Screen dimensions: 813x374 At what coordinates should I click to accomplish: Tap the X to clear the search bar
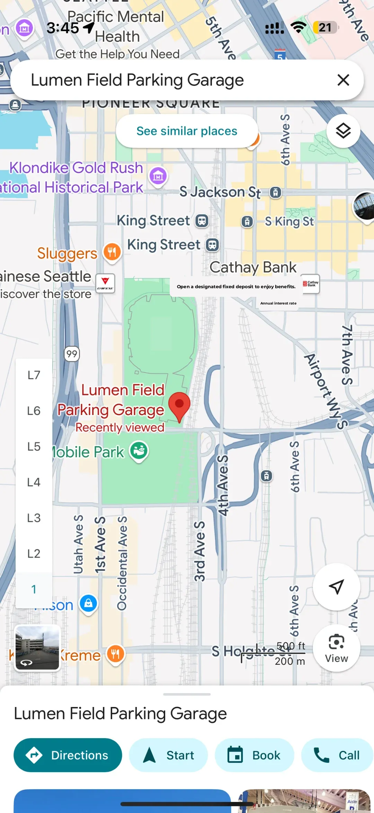coord(343,80)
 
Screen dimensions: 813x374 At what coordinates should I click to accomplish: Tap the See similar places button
coord(187,131)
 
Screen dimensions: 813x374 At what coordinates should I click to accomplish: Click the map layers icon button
coord(343,131)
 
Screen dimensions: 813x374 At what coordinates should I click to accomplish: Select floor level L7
coord(34,375)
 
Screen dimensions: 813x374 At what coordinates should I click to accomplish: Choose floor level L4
coord(34,482)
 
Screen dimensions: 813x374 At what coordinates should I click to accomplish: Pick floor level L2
coord(34,554)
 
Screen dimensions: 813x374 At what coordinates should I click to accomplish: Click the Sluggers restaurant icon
coord(112,252)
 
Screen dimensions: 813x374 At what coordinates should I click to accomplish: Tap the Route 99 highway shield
coord(72,354)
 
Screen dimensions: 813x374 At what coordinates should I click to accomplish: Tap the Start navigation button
coord(168,755)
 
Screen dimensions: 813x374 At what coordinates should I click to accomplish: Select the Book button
coord(254,755)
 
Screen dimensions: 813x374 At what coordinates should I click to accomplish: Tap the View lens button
coord(336,648)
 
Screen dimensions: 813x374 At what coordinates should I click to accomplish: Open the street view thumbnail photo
coord(37,648)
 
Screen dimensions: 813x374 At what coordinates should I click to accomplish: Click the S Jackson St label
coord(220,192)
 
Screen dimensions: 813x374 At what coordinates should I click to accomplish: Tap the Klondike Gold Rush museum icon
coord(158,176)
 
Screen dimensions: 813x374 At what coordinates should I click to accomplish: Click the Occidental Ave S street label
coord(122,563)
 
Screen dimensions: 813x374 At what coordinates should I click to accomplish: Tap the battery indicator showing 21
coord(325,27)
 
